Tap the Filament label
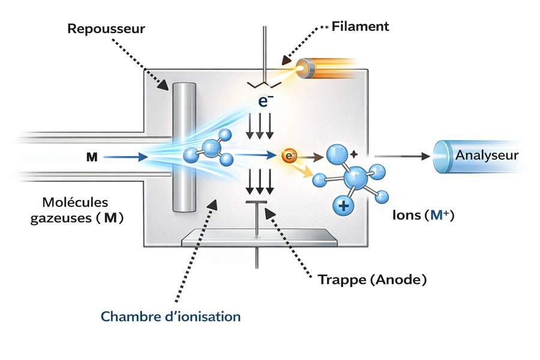click(360, 26)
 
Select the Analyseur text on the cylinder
click(487, 155)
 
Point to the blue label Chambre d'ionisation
click(170, 316)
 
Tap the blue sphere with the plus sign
click(343, 206)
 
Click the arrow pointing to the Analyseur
click(405, 156)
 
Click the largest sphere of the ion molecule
click(359, 178)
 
